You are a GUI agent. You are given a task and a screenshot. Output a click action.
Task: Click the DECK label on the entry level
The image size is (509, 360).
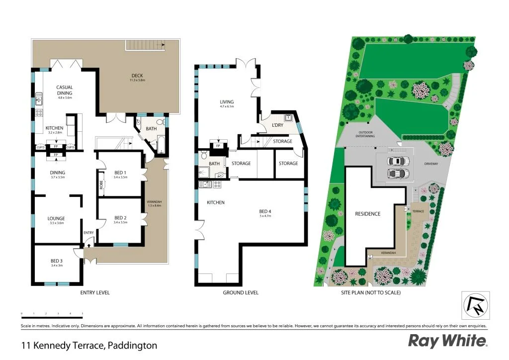(x=137, y=76)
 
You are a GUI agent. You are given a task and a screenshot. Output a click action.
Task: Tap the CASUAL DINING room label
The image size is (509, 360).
(x=65, y=90)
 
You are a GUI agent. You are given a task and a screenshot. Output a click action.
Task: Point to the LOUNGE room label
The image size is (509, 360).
(x=56, y=218)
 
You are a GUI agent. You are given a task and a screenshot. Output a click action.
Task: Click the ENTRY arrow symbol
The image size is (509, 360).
(x=89, y=244)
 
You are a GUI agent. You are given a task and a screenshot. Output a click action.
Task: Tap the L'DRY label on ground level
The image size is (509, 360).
(x=277, y=125)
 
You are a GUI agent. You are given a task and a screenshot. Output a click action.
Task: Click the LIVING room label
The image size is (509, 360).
(x=227, y=102)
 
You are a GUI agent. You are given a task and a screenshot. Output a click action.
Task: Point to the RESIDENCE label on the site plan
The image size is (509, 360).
(x=368, y=214)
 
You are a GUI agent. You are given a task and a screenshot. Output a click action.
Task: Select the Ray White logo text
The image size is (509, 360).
(x=447, y=341)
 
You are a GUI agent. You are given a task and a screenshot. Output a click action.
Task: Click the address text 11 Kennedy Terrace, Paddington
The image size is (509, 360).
(x=89, y=345)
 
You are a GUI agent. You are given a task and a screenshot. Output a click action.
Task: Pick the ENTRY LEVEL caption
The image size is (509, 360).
(x=95, y=293)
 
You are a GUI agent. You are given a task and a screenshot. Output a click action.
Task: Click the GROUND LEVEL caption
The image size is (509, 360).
(x=241, y=293)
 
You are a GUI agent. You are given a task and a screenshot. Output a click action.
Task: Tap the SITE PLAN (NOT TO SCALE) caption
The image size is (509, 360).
(x=371, y=293)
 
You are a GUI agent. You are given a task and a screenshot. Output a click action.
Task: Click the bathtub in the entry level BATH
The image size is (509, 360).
(x=160, y=145)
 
